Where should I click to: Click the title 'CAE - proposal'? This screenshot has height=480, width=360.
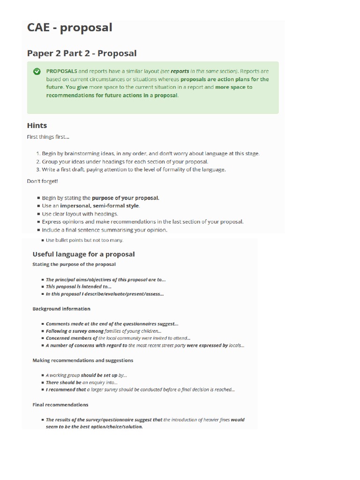[x=69, y=28]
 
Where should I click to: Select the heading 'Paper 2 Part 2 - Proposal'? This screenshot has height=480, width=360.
[x=82, y=53]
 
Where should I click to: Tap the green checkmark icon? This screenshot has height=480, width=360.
[x=37, y=72]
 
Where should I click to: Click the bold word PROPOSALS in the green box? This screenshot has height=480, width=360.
[x=61, y=71]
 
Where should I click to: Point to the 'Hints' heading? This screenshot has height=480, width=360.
[x=37, y=126]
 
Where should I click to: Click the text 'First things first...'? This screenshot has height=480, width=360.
[x=48, y=137]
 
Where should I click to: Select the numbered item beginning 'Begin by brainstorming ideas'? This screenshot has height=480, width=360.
[x=150, y=153]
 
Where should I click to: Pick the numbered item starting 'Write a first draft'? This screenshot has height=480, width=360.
[x=133, y=169]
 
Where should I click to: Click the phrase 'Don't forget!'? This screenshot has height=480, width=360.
[x=42, y=181]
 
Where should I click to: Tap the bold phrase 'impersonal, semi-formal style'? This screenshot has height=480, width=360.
[x=99, y=206]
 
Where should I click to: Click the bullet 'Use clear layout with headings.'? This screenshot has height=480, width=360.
[x=80, y=214]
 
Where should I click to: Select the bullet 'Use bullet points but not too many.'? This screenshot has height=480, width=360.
[x=84, y=240]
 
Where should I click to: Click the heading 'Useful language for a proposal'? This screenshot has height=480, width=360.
[x=83, y=255]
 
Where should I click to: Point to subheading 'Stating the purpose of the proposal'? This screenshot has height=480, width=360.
[x=74, y=264]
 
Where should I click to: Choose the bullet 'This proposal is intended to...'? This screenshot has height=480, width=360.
[x=78, y=286]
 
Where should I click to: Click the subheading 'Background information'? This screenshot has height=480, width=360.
[x=61, y=309]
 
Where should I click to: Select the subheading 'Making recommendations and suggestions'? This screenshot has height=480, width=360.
[x=82, y=360]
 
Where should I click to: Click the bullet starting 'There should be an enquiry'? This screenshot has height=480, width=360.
[x=82, y=382]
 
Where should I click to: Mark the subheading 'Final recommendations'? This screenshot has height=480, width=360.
[x=60, y=405]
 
